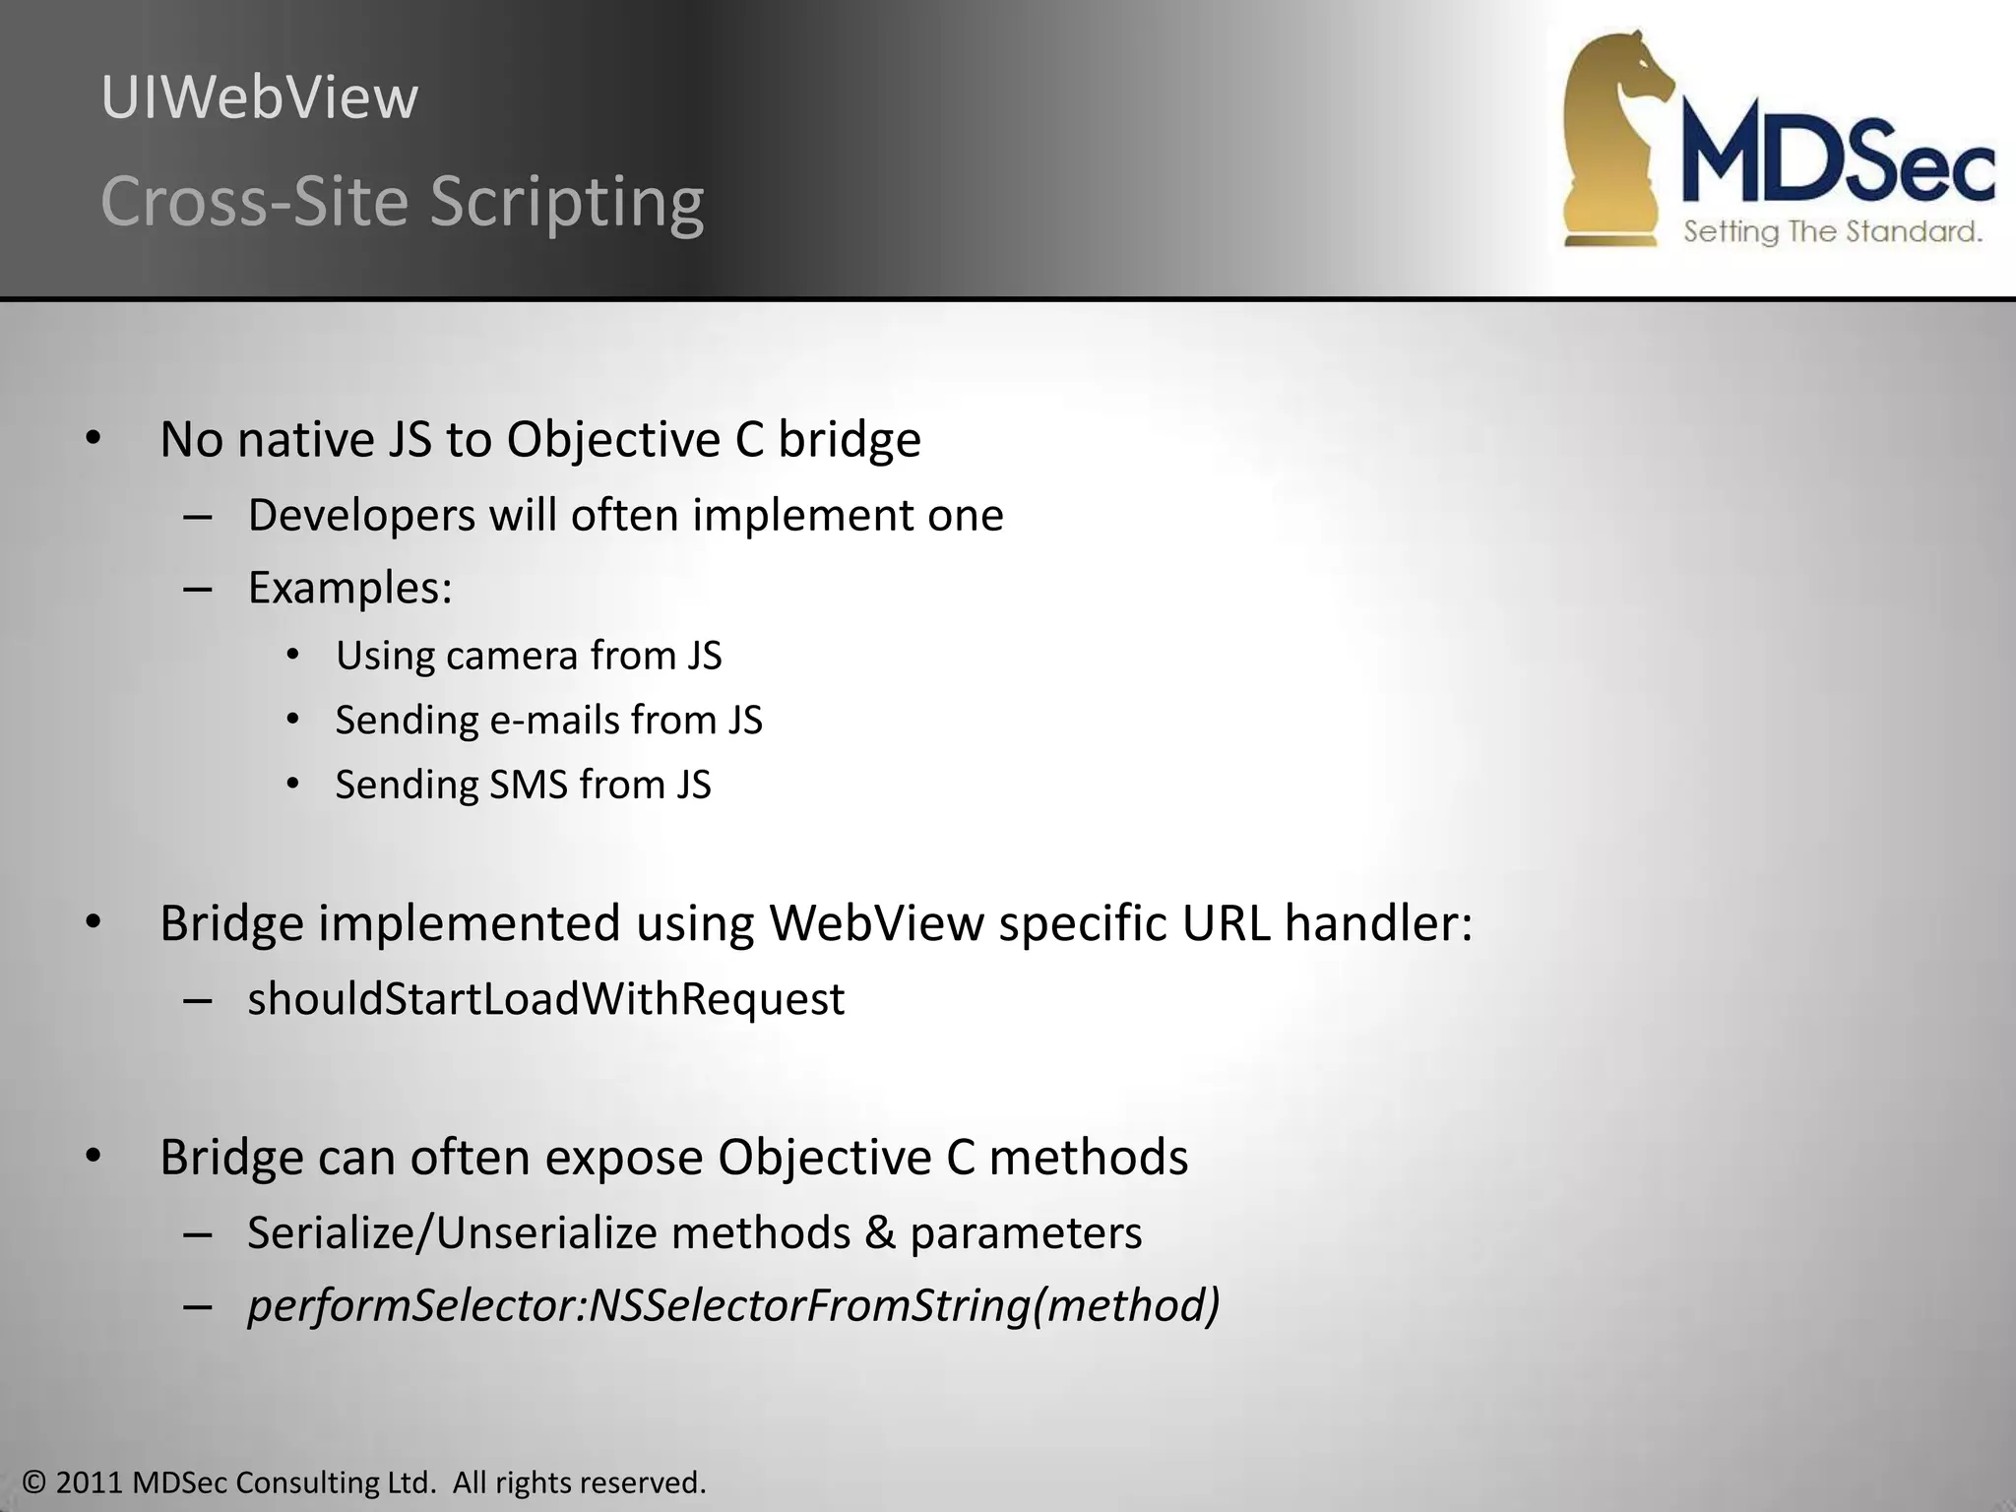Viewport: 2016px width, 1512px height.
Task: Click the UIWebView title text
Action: click(260, 98)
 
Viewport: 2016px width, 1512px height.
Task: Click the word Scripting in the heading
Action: click(567, 202)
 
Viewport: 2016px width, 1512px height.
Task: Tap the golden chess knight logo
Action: click(1614, 138)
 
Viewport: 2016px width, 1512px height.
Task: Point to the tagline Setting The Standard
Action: click(1832, 232)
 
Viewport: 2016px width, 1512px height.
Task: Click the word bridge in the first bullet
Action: click(850, 440)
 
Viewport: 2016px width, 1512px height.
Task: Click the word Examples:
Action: click(349, 589)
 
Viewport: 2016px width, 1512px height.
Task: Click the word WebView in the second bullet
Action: click(876, 924)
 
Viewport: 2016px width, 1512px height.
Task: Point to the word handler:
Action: click(1378, 924)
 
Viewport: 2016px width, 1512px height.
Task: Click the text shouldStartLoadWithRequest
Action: click(545, 999)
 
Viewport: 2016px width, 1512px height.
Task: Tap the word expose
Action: click(624, 1158)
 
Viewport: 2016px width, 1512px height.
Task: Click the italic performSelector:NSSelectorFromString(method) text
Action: click(733, 1306)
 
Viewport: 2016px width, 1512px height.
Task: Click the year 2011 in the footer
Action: click(90, 1482)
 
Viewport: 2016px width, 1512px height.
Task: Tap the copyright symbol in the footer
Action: click(35, 1482)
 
